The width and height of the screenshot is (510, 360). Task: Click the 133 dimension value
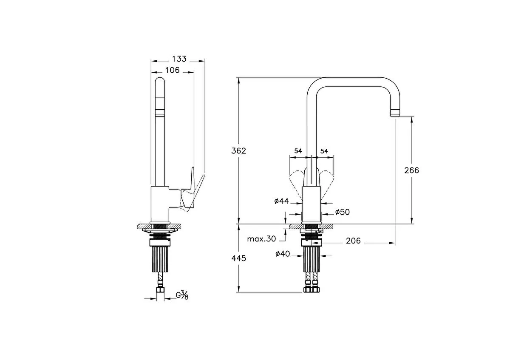179,59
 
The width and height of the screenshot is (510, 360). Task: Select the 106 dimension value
173,71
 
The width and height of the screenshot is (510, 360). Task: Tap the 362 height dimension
238,151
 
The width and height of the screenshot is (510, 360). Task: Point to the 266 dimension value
412,170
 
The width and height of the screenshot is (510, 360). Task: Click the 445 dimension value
238,258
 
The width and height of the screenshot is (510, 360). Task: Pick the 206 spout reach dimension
353,241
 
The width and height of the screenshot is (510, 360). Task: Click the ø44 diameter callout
282,201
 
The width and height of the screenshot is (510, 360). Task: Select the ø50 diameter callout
343,212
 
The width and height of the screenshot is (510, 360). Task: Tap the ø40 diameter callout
283,254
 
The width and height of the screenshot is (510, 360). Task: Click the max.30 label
261,239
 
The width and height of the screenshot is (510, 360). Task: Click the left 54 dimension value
298,151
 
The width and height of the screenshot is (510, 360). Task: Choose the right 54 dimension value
324,151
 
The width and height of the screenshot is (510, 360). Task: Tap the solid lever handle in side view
187,190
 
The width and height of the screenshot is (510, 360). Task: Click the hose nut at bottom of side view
160,291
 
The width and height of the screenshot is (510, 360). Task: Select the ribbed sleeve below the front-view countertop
311,259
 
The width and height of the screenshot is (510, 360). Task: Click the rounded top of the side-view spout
160,82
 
